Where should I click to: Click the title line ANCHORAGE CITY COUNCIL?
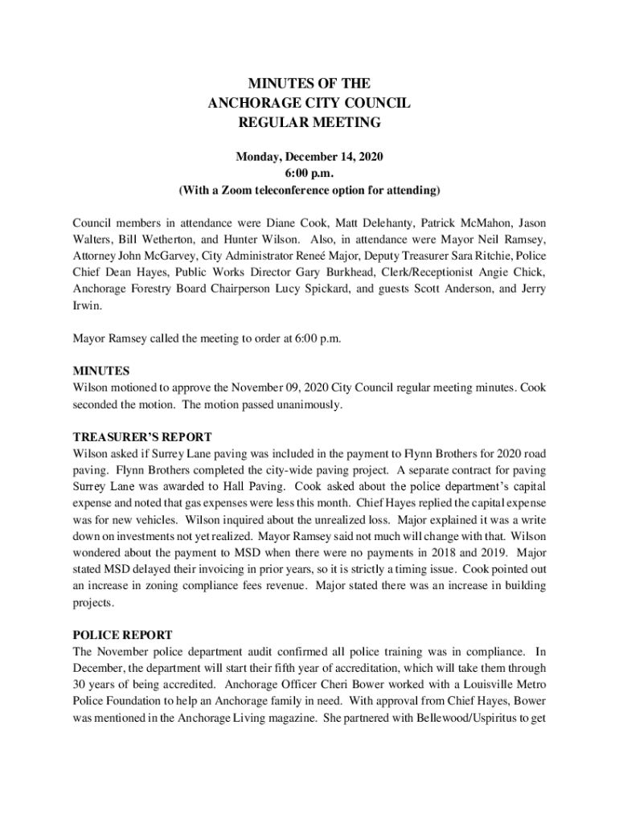pyautogui.click(x=309, y=103)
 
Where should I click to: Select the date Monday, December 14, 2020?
pyautogui.click(x=309, y=157)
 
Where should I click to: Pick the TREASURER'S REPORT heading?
pyautogui.click(x=142, y=437)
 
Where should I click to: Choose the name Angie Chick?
pyautogui.click(x=515, y=272)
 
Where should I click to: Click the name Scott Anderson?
pyautogui.click(x=454, y=289)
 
